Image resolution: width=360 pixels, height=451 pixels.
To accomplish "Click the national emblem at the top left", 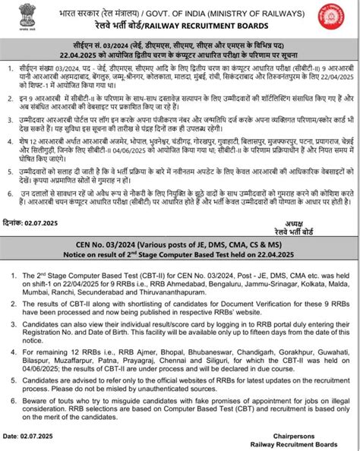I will point(22,17).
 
